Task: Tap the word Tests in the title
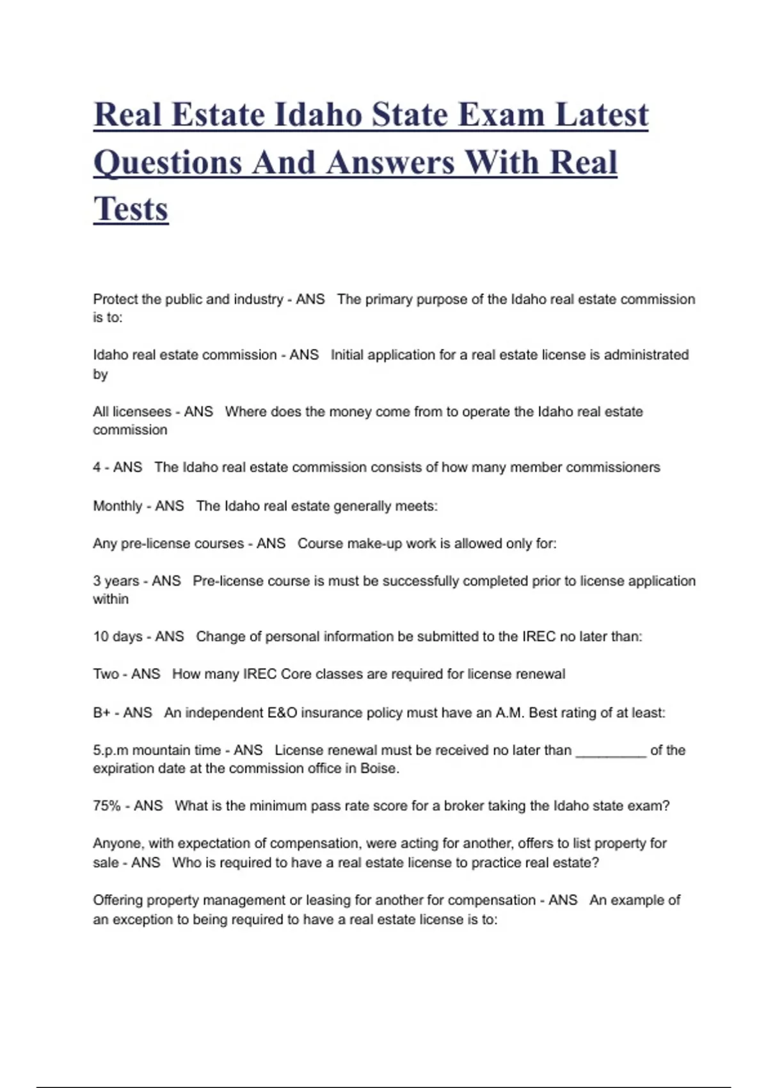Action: click(131, 209)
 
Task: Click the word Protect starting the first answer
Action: click(116, 299)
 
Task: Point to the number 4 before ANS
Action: click(97, 467)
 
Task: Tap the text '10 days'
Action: click(118, 637)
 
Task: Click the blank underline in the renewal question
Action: click(611, 751)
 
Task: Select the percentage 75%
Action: click(107, 806)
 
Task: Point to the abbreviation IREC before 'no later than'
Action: click(539, 637)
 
